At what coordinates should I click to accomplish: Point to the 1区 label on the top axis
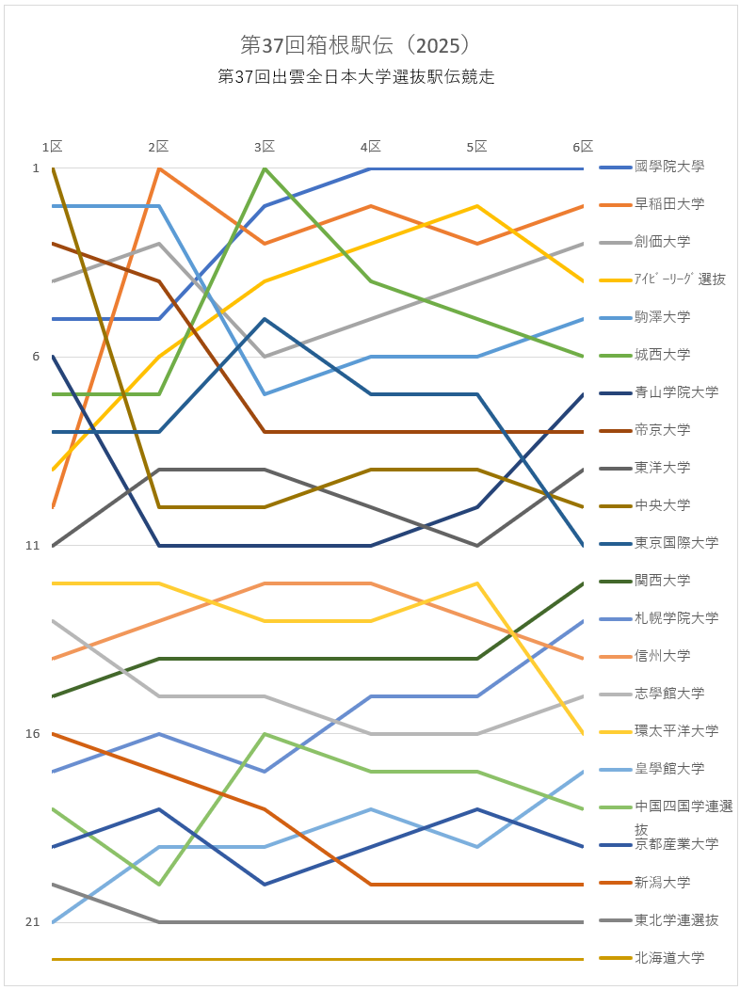53,146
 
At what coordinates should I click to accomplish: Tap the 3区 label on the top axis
265,146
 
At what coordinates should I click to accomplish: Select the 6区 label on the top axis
583,146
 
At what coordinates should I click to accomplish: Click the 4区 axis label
371,146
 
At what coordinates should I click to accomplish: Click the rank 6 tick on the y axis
36,356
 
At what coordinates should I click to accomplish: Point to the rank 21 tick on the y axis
33,922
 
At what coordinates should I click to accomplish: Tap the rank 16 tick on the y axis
33,733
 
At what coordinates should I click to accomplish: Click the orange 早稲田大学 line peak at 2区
159,168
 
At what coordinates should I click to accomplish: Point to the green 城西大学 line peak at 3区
265,168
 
